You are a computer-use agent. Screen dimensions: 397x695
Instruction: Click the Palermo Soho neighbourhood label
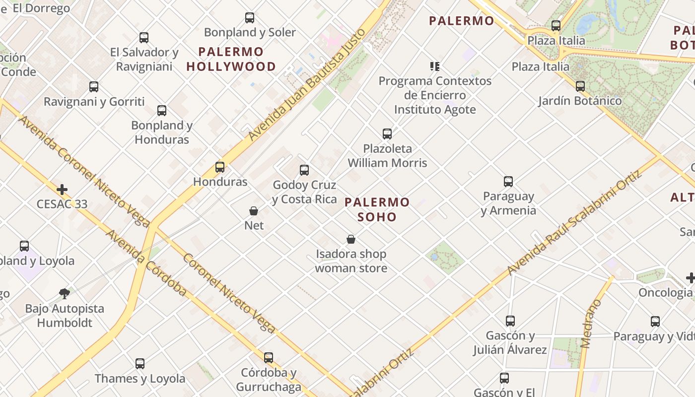[377, 209]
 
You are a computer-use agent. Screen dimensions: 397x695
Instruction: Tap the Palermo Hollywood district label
[231, 59]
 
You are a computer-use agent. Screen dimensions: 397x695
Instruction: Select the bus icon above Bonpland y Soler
[250, 18]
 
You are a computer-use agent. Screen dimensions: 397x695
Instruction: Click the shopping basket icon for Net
[254, 211]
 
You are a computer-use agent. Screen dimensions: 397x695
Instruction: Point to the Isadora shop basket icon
[351, 240]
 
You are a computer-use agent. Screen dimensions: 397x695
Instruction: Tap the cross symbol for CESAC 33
[62, 190]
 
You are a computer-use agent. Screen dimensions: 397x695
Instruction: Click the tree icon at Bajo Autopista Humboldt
[65, 294]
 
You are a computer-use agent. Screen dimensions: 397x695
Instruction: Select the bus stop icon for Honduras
[220, 167]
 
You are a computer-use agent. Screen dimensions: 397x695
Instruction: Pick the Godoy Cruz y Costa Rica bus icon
[304, 170]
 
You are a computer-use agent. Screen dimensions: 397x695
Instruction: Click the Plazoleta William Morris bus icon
[387, 134]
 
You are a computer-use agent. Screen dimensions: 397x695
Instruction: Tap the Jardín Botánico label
[580, 101]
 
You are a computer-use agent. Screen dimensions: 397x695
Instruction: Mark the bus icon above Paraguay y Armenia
[508, 182]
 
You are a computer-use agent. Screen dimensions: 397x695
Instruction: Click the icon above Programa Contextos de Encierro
[435, 66]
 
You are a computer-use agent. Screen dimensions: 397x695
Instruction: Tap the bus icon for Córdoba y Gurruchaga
[269, 357]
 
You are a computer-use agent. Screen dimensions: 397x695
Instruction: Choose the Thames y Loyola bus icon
[140, 364]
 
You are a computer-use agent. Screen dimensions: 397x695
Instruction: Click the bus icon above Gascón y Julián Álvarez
[510, 321]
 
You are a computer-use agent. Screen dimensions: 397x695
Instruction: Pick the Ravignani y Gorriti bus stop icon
[94, 87]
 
